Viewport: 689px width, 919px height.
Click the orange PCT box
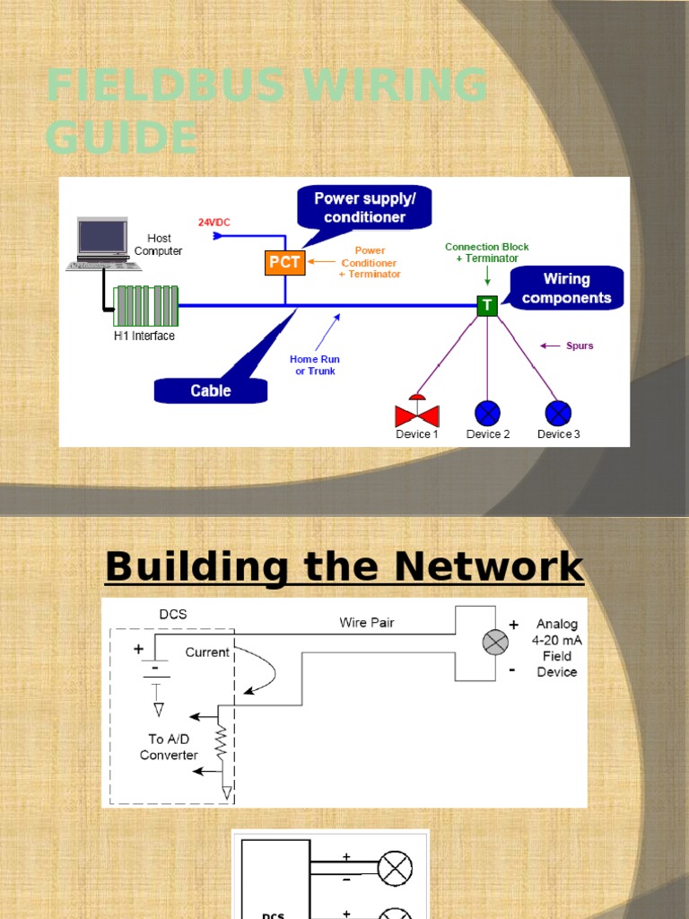click(x=285, y=263)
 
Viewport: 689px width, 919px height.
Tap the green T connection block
click(x=487, y=306)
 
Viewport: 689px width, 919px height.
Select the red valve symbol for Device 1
click(x=417, y=414)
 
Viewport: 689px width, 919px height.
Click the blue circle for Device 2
click(x=487, y=413)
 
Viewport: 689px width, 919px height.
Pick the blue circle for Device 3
click(x=558, y=413)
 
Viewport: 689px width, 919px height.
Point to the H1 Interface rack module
click(x=144, y=306)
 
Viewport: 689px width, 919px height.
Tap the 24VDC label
click(x=215, y=222)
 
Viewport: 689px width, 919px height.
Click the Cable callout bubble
click(x=211, y=391)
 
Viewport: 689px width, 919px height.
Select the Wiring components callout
click(x=566, y=288)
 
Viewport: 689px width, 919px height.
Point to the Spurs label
click(x=580, y=346)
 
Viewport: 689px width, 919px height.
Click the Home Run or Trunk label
click(x=315, y=365)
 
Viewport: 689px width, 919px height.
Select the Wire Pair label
click(x=366, y=622)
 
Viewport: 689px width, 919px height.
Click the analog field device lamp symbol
click(x=495, y=642)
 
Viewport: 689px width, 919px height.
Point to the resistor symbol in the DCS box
click(x=220, y=743)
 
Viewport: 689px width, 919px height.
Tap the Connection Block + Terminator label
click(x=487, y=252)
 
